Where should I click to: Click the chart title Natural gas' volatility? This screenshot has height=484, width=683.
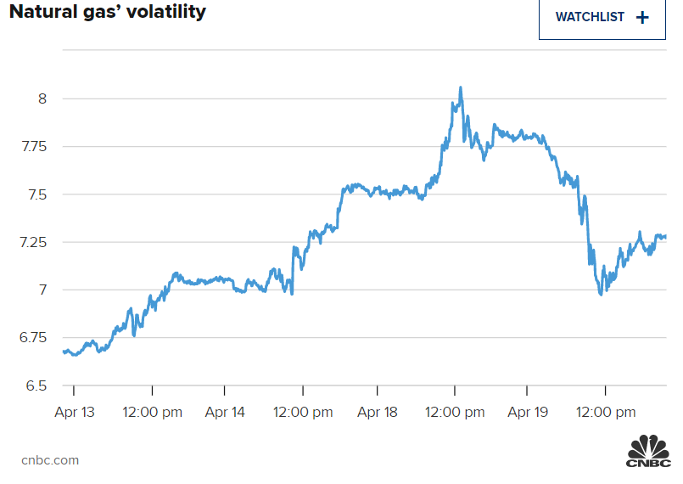108,13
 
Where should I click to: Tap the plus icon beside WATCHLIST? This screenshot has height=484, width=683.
641,17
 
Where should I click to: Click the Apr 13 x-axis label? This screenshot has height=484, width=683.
75,413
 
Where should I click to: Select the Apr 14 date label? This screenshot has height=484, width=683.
225,413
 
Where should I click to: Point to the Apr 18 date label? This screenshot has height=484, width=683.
378,413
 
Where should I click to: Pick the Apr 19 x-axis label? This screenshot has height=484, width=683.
527,413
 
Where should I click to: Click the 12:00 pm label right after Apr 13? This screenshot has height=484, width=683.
153,413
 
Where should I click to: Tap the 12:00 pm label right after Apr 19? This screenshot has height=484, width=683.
605,413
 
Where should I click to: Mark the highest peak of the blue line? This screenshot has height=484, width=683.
460,87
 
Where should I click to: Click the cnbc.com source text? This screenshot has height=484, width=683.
50,460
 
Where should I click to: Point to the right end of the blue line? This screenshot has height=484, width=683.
665,236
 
